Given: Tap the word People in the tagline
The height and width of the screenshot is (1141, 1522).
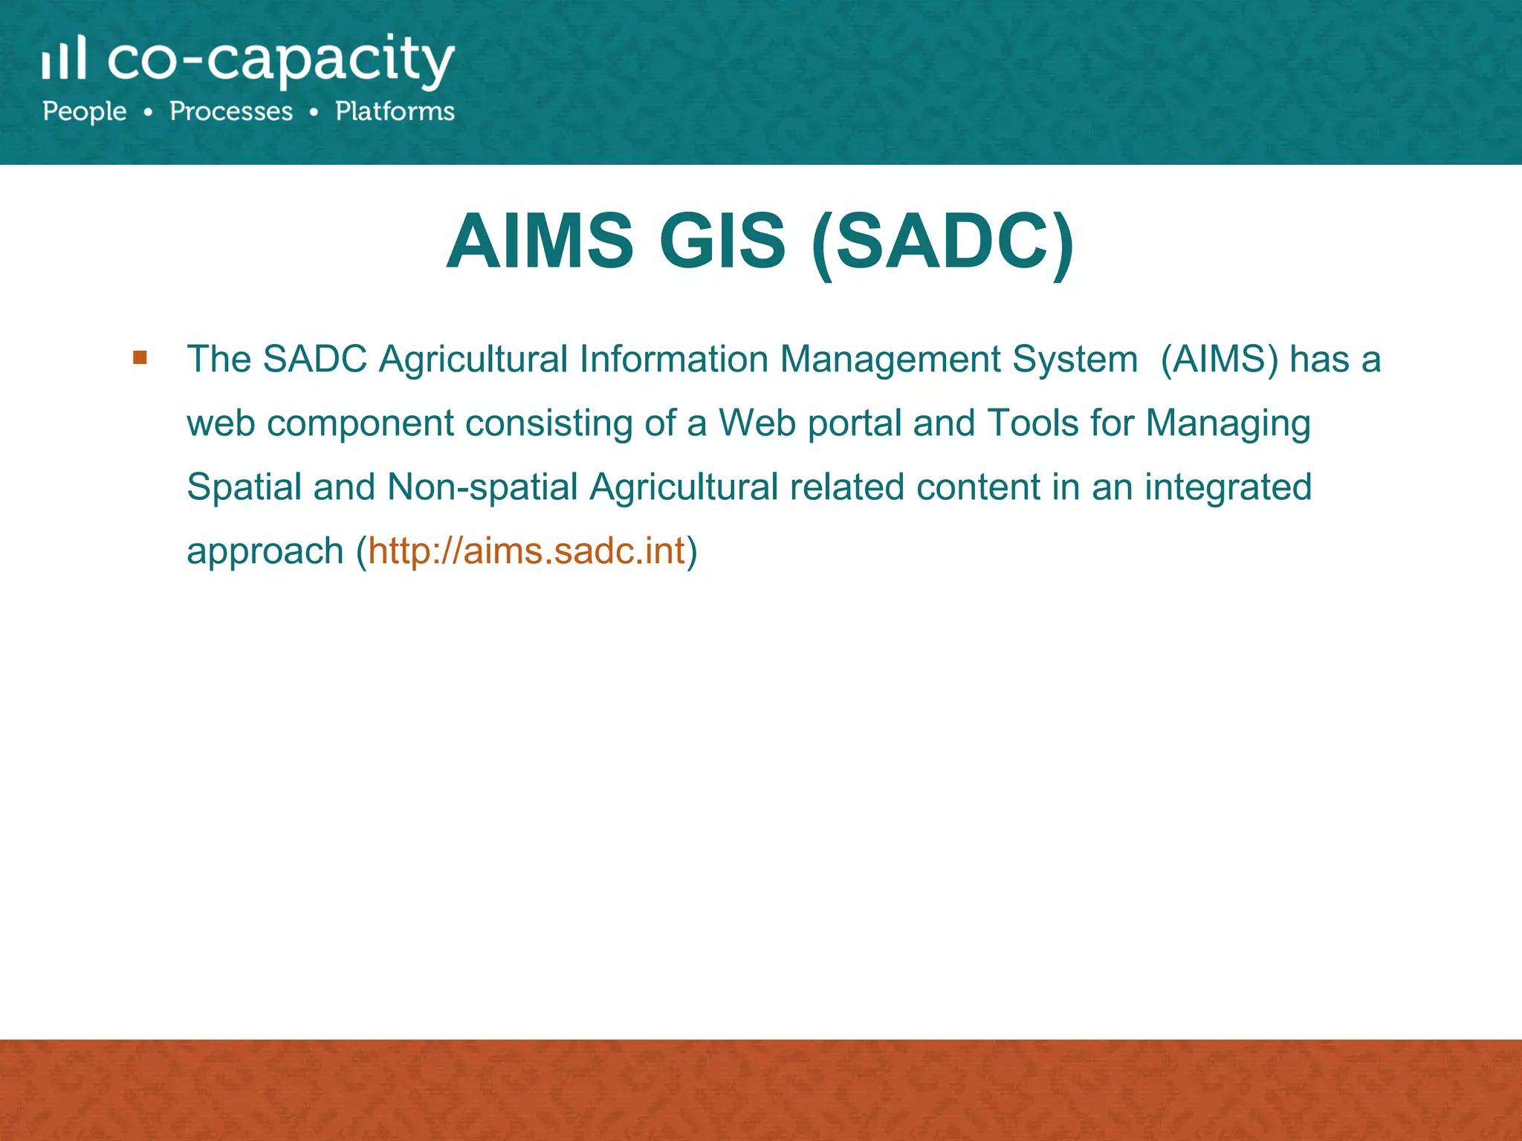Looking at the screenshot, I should (85, 111).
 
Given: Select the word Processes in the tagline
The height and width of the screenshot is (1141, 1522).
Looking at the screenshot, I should (231, 111).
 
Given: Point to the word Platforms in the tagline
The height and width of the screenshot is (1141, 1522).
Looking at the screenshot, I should (395, 111).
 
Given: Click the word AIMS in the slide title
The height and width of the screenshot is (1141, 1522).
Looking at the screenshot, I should (540, 241).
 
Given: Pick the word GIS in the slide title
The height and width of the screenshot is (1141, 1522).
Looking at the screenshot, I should (722, 241).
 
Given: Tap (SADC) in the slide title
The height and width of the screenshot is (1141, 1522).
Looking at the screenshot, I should (943, 241).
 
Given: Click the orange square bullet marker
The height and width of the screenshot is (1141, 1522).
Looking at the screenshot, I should (140, 358).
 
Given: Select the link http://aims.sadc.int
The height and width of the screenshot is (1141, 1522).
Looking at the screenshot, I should (526, 551).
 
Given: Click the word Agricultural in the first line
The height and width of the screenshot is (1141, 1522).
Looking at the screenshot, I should (473, 360).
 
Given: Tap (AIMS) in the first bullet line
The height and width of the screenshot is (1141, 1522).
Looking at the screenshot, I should (1219, 360).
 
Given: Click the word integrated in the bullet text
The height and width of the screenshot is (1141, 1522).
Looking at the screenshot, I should (1228, 487).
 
